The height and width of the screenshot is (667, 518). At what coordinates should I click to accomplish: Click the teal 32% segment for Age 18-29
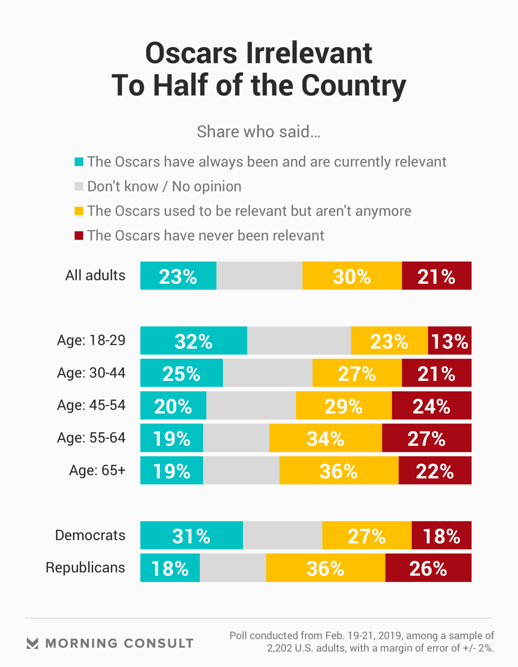click(x=193, y=340)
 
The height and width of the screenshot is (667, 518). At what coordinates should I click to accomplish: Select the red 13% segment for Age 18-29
click(x=449, y=340)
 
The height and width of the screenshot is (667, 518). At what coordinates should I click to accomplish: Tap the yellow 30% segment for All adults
click(x=352, y=276)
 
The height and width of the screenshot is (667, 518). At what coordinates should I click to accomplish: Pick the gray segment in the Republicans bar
click(x=233, y=568)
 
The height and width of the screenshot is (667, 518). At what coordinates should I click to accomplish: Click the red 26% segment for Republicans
click(x=428, y=568)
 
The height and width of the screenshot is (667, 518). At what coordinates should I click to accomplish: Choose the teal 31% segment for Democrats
click(x=191, y=535)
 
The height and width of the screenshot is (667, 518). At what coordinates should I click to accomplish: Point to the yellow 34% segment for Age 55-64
click(x=325, y=438)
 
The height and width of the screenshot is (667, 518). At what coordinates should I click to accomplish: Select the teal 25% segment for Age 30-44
click(x=181, y=373)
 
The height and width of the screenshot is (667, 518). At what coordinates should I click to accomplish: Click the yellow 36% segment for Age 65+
click(x=339, y=470)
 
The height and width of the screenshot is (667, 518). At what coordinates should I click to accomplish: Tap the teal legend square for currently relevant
click(x=79, y=162)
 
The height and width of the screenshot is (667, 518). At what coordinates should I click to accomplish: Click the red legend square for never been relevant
click(x=79, y=235)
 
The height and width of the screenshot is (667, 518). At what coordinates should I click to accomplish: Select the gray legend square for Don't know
click(x=79, y=186)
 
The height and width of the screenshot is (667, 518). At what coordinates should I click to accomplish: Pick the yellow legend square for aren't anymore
click(x=79, y=211)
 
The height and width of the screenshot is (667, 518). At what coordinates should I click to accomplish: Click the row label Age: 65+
click(x=97, y=470)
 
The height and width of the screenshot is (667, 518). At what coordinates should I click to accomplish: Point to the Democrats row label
click(x=90, y=535)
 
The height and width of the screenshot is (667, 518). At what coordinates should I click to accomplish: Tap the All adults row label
click(x=95, y=276)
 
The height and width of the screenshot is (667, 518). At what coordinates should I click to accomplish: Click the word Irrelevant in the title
click(x=309, y=53)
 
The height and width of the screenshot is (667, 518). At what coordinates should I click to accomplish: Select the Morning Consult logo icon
click(x=32, y=643)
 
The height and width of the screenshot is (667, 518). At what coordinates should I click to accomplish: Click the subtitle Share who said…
click(x=258, y=132)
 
